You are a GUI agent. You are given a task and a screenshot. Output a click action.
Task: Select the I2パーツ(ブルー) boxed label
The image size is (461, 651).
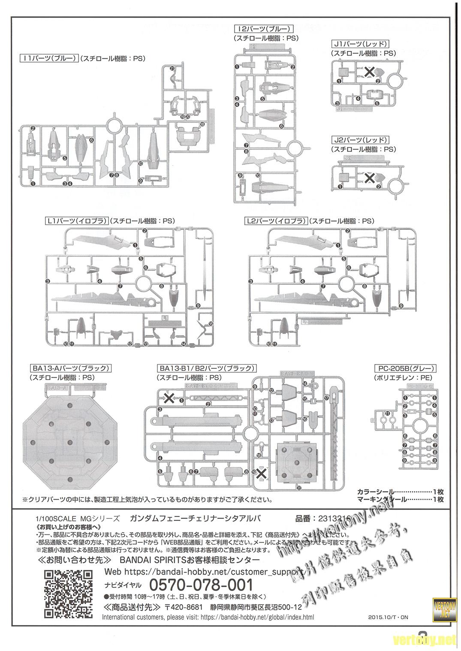pyautogui.click(x=263, y=29)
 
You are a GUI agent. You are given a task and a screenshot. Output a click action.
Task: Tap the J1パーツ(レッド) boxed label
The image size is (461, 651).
pyautogui.click(x=360, y=44)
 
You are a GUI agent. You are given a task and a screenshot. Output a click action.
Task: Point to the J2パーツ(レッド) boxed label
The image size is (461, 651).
pyautogui.click(x=360, y=140)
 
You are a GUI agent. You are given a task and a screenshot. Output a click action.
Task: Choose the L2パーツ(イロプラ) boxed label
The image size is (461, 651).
pyautogui.click(x=276, y=221)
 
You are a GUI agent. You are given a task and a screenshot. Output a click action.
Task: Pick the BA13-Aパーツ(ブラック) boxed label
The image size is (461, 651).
pyautogui.click(x=70, y=368)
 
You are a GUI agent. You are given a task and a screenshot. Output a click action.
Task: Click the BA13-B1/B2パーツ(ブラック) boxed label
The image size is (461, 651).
pyautogui.click(x=207, y=368)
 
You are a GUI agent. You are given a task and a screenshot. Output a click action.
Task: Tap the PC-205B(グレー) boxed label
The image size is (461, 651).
pyautogui.click(x=405, y=368)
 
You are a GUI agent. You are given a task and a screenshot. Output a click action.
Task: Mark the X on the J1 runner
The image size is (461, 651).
pyautogui.click(x=369, y=72)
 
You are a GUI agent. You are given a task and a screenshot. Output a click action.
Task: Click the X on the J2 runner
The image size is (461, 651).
pyautogui.click(x=369, y=177)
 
